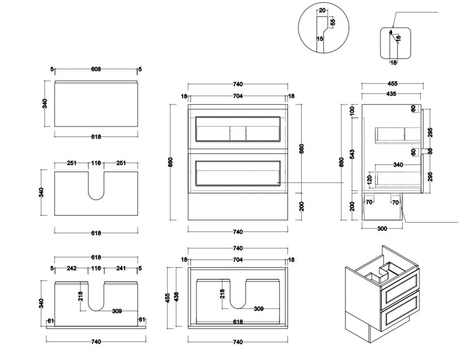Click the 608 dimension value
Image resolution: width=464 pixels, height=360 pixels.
point(96,69)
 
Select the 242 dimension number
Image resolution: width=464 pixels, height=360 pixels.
point(71,269)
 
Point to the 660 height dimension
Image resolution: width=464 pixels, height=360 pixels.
point(301,149)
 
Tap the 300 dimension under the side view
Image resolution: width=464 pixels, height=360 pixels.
point(382,228)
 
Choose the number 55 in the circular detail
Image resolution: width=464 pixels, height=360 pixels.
point(333,22)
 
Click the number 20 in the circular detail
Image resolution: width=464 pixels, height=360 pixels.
point(321,10)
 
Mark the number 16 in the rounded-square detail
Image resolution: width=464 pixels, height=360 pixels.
point(398,38)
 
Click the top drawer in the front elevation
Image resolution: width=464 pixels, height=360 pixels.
point(237,128)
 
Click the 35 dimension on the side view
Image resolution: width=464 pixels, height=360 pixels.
point(430,152)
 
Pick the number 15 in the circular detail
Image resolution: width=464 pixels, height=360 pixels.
point(320,39)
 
